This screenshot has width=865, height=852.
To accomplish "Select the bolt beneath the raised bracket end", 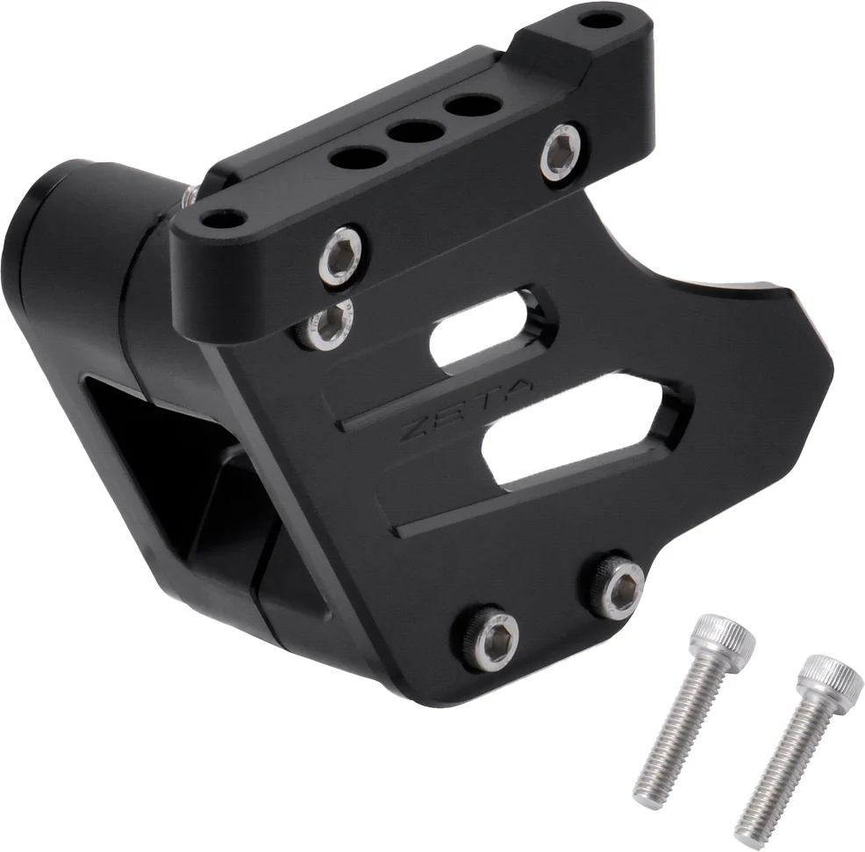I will coord(561,153).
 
